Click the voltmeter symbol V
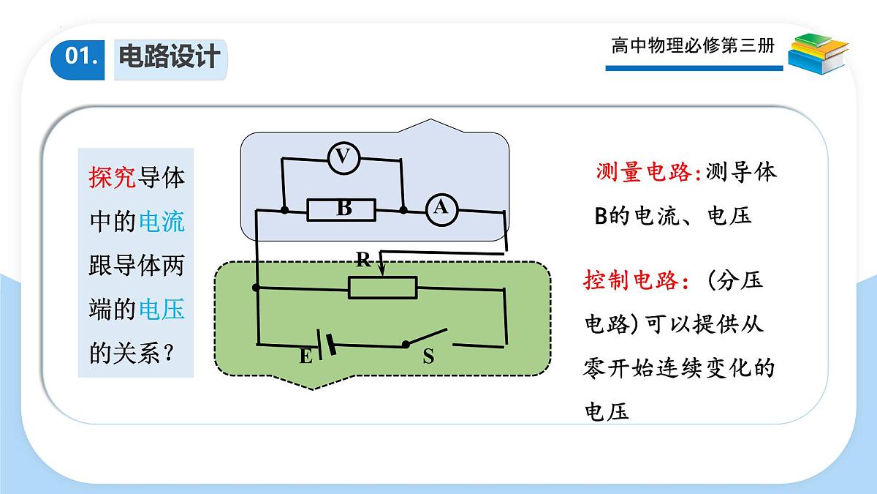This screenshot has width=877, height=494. point(343,157)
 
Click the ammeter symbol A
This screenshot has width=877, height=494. point(441,210)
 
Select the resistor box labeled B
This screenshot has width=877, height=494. point(341,210)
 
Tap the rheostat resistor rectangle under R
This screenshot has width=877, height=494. point(382,288)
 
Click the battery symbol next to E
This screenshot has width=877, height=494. point(327,344)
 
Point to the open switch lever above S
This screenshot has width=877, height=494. point(426,337)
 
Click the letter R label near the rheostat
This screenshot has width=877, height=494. point(363,260)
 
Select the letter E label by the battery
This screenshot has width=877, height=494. point(305,357)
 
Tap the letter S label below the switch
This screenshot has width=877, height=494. point(428,356)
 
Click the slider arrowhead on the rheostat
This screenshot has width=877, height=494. point(382,272)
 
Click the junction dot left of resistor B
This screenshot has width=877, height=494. point(284,210)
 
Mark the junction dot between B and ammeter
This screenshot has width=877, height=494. point(403,210)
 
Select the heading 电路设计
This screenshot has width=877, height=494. point(170,56)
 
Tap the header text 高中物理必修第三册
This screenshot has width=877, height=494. point(693,45)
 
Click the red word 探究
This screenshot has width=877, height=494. point(112,177)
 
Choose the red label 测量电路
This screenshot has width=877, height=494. point(644,172)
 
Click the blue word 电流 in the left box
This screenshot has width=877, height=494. point(162,222)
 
